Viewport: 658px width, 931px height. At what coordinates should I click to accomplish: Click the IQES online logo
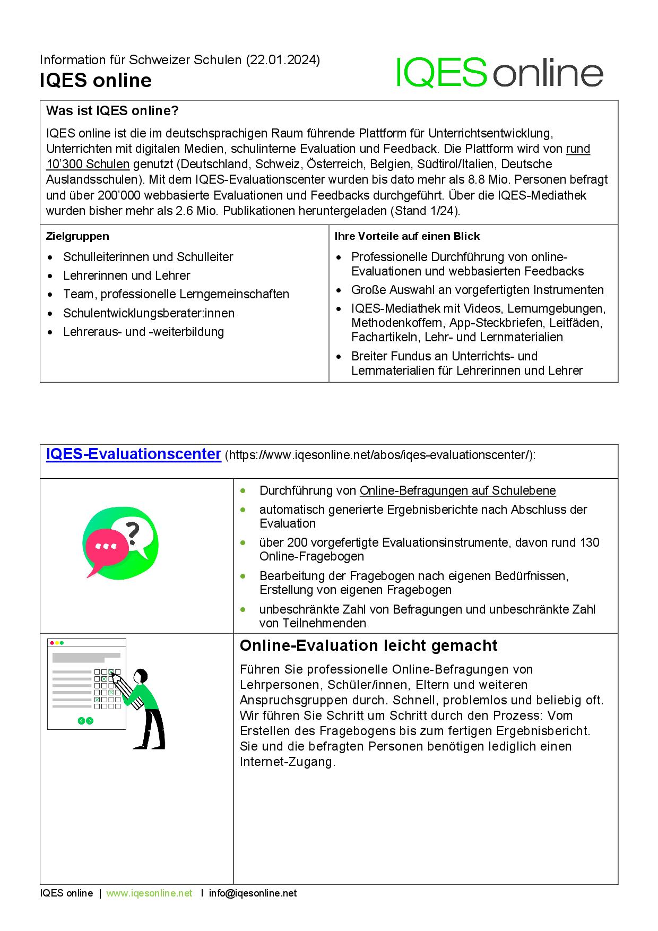point(499,73)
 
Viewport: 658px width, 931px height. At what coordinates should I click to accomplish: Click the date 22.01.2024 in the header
point(283,60)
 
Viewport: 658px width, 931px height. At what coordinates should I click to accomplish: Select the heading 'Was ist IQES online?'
point(112,111)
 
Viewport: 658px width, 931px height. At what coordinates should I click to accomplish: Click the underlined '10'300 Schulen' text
point(88,165)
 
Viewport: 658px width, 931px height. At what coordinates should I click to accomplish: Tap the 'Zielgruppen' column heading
point(77,237)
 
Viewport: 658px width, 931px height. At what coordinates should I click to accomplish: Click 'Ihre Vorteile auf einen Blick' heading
point(407,237)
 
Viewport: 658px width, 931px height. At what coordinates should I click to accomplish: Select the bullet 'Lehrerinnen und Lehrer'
point(126,276)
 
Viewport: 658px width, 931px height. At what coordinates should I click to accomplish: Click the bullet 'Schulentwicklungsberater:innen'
point(149,314)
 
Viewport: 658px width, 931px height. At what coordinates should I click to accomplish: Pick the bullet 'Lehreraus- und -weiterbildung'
point(143,332)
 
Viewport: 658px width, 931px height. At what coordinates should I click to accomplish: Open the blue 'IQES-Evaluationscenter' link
point(133,455)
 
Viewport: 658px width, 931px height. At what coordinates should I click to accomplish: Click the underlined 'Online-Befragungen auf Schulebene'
point(457,491)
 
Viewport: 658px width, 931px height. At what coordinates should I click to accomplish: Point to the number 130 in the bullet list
point(590,543)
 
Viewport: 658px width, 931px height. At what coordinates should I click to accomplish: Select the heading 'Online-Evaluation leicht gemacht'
point(368,646)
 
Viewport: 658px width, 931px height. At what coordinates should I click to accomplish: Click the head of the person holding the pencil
point(141,676)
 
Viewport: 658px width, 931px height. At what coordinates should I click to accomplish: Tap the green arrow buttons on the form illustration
point(85,721)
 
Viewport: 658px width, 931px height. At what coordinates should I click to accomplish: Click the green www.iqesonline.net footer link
point(149,893)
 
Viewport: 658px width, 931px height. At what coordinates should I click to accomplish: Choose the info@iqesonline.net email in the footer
point(253,893)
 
